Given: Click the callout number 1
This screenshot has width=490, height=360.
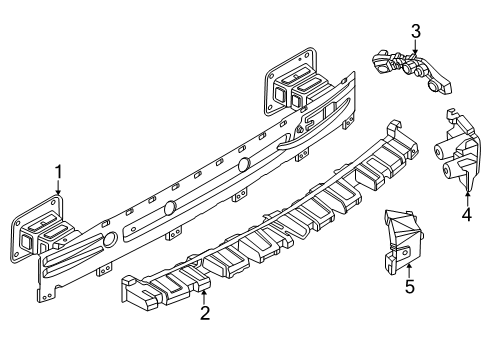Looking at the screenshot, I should coord(58,170).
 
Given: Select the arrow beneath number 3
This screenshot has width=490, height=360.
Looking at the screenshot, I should coord(415,47).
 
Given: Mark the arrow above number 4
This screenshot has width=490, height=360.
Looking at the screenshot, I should coord(467,192).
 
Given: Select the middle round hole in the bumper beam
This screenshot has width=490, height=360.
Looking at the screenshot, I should coord(170,207).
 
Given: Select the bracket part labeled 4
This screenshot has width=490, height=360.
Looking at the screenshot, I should coord(456,155).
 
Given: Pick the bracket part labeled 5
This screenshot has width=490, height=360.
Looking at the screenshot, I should coord(400,240).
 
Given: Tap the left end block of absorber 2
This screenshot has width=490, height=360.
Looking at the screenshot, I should coord(140,293).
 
